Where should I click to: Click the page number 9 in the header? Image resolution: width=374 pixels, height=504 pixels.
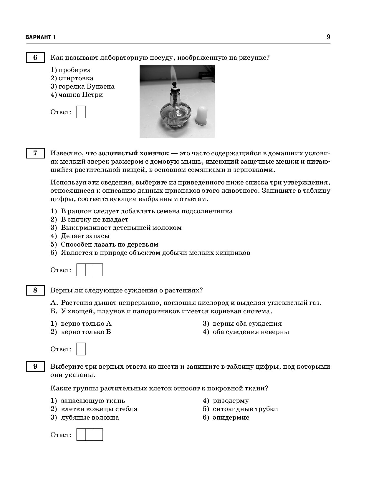click(328, 37)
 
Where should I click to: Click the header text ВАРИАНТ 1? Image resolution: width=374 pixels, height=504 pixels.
click(41, 37)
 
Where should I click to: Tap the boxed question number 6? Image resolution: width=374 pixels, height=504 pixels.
click(35, 57)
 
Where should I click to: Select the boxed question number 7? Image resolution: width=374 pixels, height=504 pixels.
click(35, 153)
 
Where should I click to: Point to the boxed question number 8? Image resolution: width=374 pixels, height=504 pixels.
click(35, 290)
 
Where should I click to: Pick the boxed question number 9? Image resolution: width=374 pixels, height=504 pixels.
click(35, 367)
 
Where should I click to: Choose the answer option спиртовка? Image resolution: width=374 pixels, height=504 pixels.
click(76, 78)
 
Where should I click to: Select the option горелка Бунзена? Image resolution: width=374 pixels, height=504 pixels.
click(86, 87)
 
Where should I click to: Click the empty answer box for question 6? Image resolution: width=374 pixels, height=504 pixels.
click(81, 112)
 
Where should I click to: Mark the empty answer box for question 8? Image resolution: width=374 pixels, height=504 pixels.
click(81, 349)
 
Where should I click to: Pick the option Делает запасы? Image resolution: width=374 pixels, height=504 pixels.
click(85, 236)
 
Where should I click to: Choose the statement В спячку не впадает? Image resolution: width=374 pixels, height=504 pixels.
click(94, 219)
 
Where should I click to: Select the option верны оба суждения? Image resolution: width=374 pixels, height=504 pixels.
click(247, 324)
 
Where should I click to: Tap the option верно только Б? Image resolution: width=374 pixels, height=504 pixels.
click(86, 332)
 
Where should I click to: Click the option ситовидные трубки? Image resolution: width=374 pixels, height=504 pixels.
click(245, 409)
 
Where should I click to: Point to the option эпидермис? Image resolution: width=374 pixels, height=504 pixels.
click(231, 417)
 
